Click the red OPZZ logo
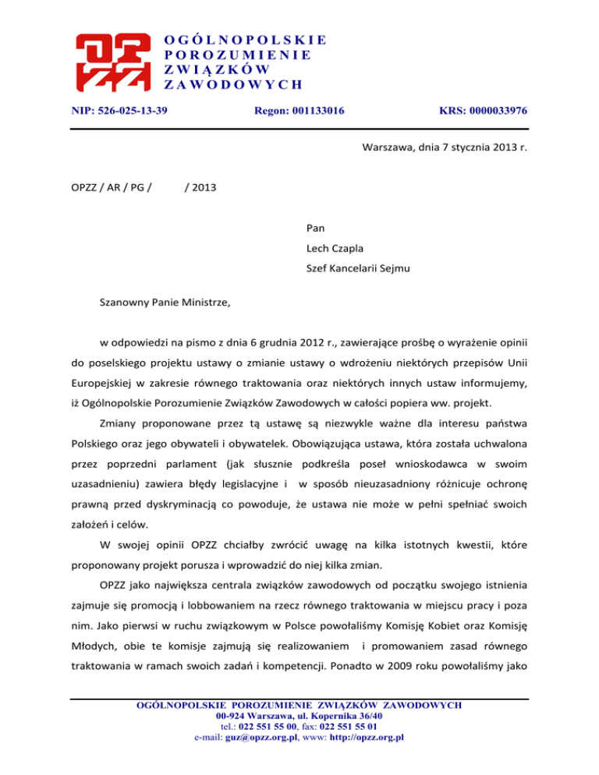(x=111, y=62)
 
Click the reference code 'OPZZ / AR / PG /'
(x=111, y=186)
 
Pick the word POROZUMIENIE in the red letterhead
(x=239, y=55)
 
